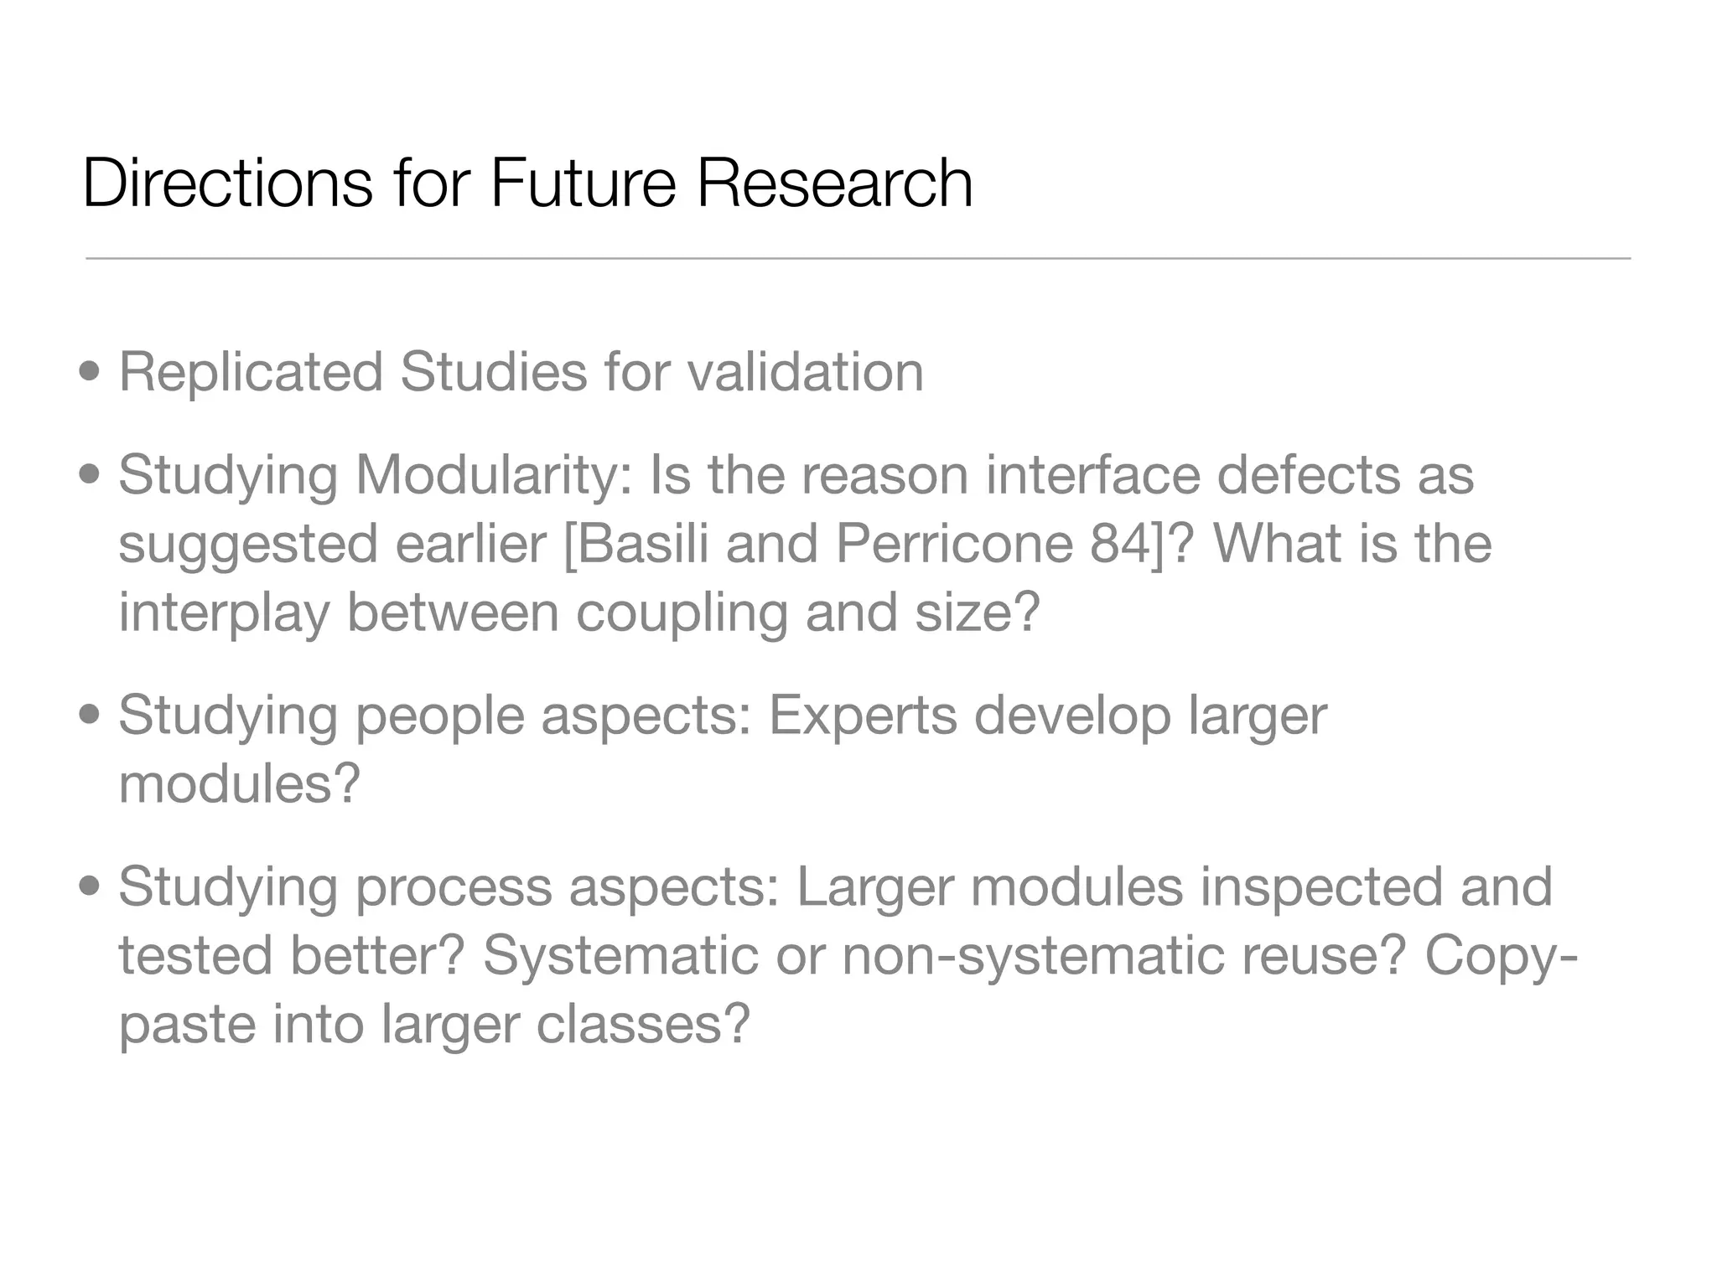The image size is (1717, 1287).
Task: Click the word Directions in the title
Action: click(227, 183)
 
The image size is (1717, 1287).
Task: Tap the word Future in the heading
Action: click(583, 183)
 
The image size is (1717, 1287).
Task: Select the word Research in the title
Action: click(834, 183)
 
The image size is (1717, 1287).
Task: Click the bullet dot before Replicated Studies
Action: click(90, 371)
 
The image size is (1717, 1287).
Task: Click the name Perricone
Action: click(954, 544)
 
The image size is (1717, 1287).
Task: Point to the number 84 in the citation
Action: click(1121, 544)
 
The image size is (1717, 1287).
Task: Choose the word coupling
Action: click(681, 614)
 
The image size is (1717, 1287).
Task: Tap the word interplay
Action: click(224, 614)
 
